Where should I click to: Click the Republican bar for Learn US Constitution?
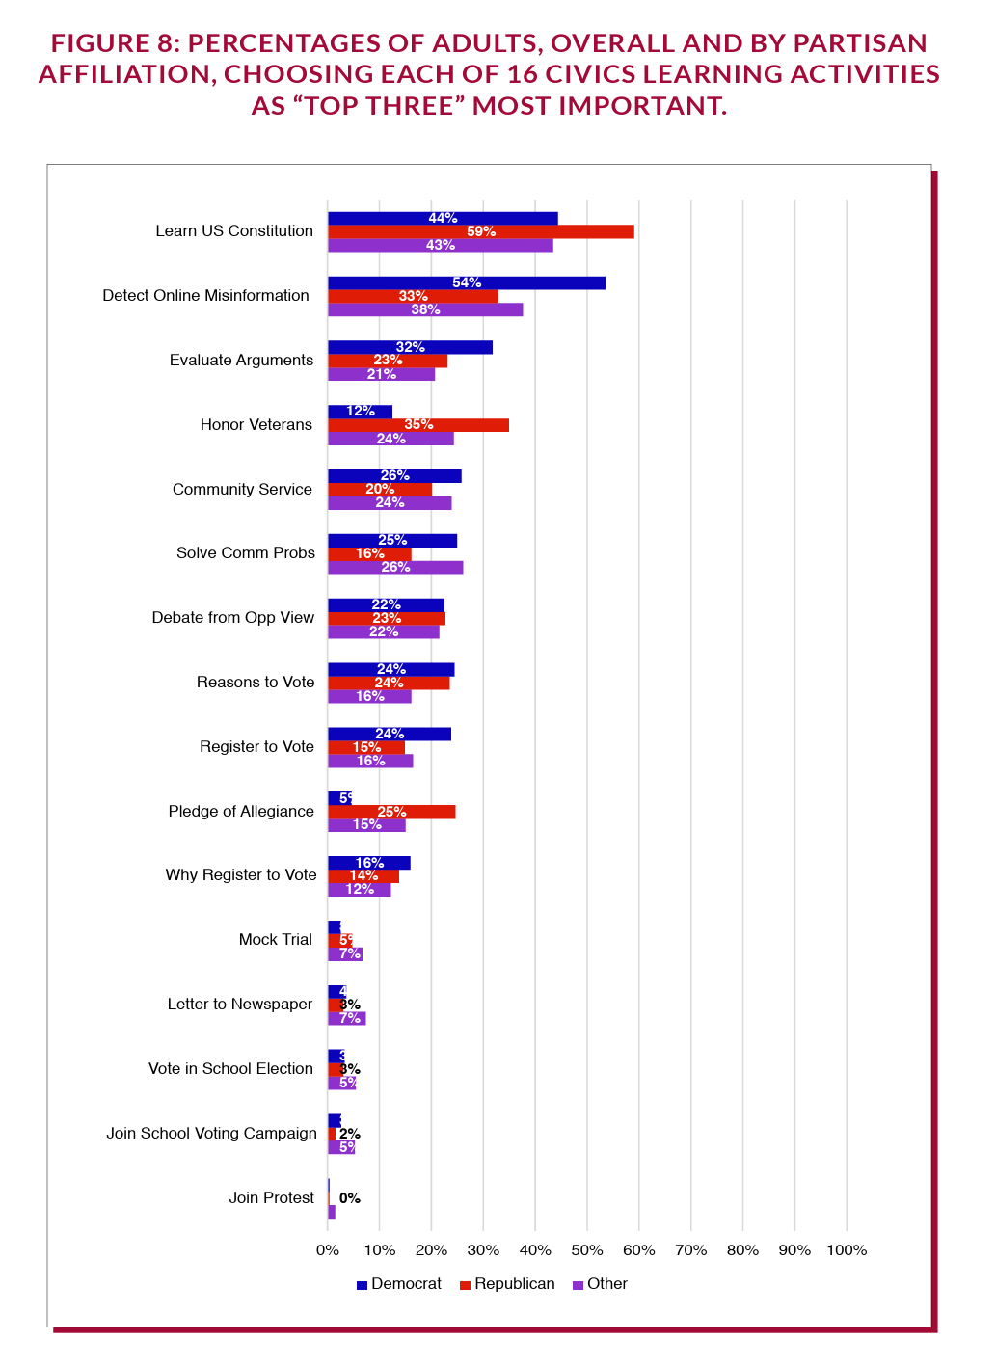click(480, 231)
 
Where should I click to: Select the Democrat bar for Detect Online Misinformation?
click(467, 282)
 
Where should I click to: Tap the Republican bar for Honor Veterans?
click(417, 425)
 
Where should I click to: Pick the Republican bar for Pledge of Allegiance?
click(391, 812)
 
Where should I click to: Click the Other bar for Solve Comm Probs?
click(395, 567)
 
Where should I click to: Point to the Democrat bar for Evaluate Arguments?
click(410, 347)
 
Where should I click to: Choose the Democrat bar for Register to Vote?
click(390, 734)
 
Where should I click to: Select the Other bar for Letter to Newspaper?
click(347, 1018)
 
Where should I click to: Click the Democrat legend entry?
click(398, 1284)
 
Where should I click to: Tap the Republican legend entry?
click(507, 1284)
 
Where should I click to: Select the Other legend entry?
click(600, 1284)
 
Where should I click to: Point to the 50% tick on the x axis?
click(587, 1250)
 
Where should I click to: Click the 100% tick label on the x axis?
click(847, 1250)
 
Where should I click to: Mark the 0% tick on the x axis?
click(328, 1250)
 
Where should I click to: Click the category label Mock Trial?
click(276, 940)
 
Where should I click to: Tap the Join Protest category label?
click(272, 1197)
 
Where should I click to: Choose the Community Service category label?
click(242, 490)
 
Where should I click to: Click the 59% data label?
click(481, 231)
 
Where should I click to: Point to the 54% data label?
click(467, 282)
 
